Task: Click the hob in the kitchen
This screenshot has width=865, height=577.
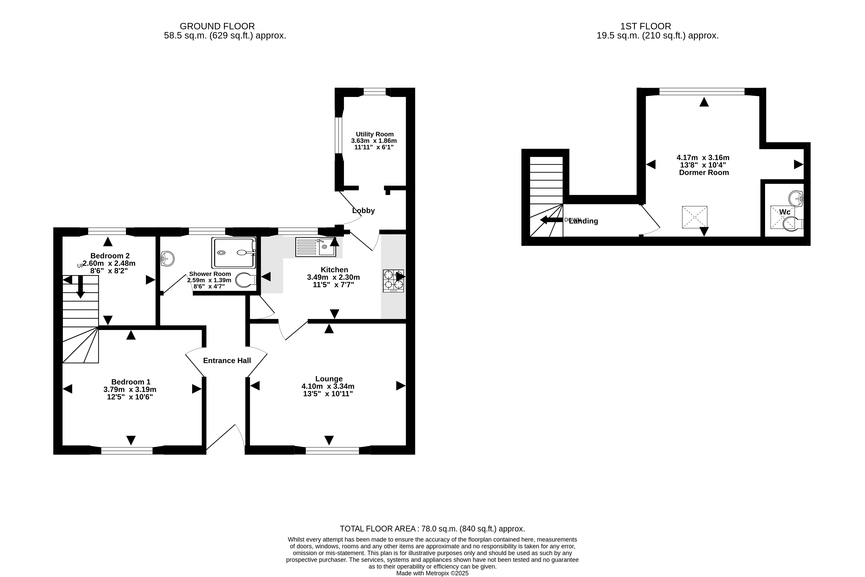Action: pos(393,281)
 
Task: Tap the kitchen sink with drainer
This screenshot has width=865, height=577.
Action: pos(315,247)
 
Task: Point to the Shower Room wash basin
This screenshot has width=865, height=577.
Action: pos(167,259)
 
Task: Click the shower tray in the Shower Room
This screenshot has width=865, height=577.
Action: pos(233,252)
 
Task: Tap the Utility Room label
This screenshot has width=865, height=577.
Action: pos(375,134)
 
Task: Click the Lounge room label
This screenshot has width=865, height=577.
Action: pos(329,379)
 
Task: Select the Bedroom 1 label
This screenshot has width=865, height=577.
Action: pos(131,382)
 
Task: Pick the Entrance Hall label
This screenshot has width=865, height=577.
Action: pos(227,361)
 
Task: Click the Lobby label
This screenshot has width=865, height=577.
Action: pos(363,211)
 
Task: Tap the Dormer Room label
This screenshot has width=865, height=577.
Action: pos(704,173)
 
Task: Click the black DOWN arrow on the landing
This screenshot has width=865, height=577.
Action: pos(552,220)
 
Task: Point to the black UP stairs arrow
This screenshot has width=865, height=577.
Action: pos(80,287)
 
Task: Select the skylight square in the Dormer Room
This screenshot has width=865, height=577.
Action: pos(695,217)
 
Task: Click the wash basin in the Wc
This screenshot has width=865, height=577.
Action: pos(796,199)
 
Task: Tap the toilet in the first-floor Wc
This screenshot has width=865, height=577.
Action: pos(793,224)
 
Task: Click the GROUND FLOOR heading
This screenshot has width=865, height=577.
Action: pos(217,26)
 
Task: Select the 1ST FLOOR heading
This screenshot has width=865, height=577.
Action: pos(646,26)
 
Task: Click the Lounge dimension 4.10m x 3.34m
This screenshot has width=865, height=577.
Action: pos(328,386)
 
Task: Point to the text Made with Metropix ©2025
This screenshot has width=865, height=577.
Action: pos(433,573)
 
